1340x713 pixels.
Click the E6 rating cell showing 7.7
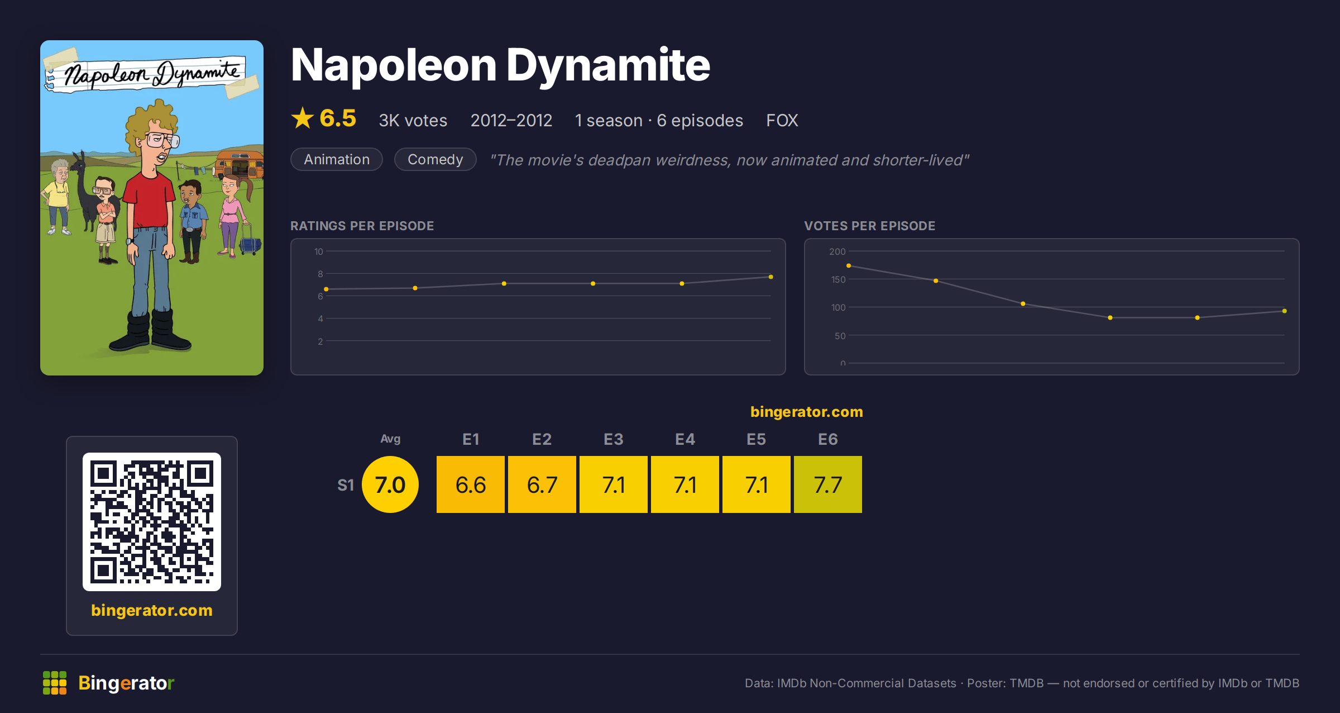coord(827,484)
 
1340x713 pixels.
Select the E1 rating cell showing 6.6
coord(471,484)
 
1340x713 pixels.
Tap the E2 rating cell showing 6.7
coord(542,484)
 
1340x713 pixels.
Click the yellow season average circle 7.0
coord(390,484)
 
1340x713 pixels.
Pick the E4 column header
coord(685,439)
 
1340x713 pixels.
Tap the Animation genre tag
coord(337,159)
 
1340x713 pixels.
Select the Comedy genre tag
coord(435,159)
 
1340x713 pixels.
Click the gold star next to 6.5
coord(303,118)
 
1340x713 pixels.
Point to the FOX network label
coord(782,120)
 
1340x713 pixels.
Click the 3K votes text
coord(413,120)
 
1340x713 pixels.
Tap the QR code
coord(152,522)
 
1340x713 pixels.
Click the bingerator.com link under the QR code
coord(152,610)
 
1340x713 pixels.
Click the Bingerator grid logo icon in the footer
coord(55,683)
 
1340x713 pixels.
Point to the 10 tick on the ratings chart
coord(319,251)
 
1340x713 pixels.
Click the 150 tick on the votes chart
coord(838,279)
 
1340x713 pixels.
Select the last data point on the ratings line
coord(770,277)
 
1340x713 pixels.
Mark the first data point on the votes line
coord(849,265)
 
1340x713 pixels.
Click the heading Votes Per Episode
coord(869,226)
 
